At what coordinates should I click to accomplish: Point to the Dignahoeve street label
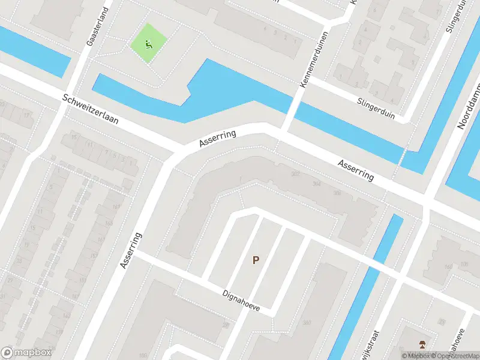point(241,300)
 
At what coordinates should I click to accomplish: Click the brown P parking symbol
point(256,260)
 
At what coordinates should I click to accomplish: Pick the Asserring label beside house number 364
point(355,170)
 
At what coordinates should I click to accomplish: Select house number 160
point(447,266)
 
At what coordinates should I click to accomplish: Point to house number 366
point(337,193)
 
